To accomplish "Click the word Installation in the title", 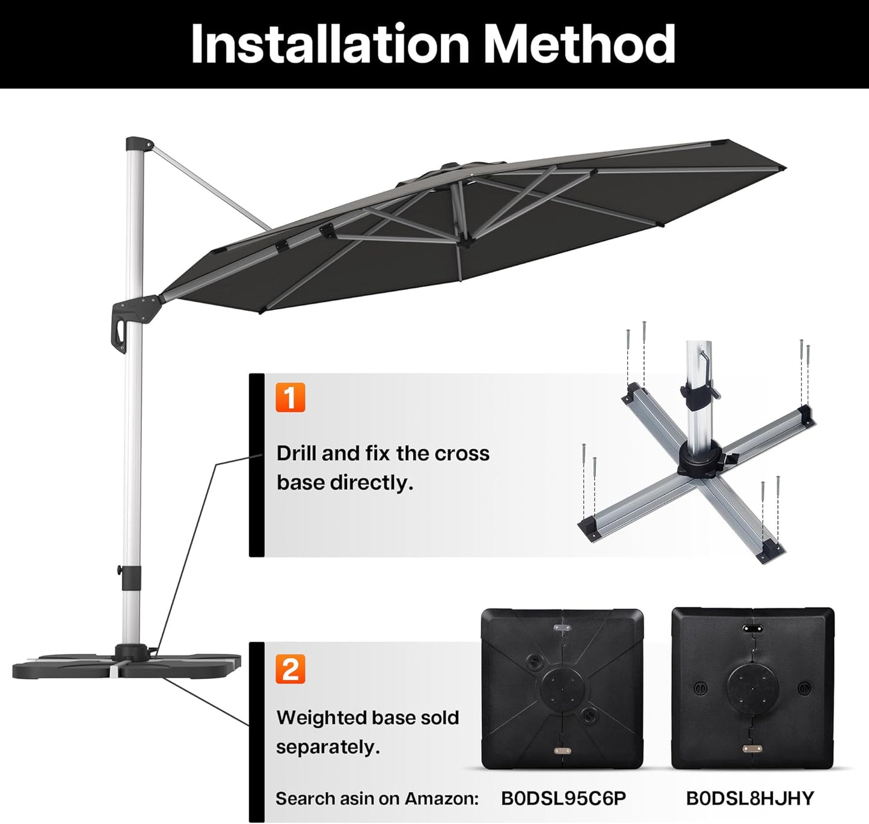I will point(330,44).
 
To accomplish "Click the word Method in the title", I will point(580,44).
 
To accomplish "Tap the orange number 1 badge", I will point(290,398).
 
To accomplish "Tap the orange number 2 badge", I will point(290,669).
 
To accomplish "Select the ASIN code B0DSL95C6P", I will point(563,798).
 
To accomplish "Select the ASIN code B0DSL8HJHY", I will point(749,798).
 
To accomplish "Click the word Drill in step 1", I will point(296,454).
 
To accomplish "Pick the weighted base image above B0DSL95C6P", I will point(562,688).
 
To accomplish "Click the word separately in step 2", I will point(328,748).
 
